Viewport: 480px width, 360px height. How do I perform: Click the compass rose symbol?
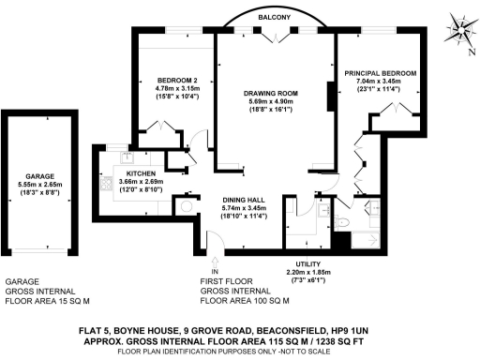pyautogui.click(x=456, y=28)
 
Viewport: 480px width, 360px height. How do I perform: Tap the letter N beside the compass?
pyautogui.click(x=469, y=52)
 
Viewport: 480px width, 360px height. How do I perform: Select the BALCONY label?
pyautogui.click(x=273, y=17)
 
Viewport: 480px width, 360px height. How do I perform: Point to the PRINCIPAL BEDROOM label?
pyautogui.click(x=380, y=72)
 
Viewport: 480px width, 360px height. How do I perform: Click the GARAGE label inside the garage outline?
pyautogui.click(x=39, y=176)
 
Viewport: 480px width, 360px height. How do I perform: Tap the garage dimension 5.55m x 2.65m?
pyautogui.click(x=39, y=185)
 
